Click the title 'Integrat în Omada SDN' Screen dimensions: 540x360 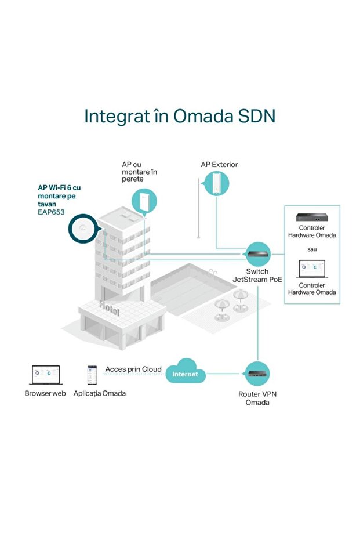180,115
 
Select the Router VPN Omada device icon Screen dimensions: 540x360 257,374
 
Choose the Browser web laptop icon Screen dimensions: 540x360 45,375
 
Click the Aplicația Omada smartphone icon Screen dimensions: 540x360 92,375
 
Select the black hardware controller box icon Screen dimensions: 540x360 312,218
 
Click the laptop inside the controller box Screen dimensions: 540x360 312,271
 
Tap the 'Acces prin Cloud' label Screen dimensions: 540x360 133,369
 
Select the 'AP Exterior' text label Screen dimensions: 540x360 219,164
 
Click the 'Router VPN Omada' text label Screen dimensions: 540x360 257,397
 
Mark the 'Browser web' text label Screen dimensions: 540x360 45,393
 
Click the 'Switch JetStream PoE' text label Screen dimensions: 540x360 257,275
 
